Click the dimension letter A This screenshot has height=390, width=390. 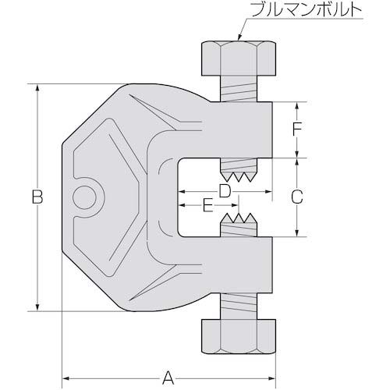click(167, 357)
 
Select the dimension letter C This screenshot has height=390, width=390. click(296, 197)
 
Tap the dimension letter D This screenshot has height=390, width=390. click(225, 190)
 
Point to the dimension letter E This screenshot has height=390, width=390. click(207, 206)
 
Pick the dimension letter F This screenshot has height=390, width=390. click(296, 129)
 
